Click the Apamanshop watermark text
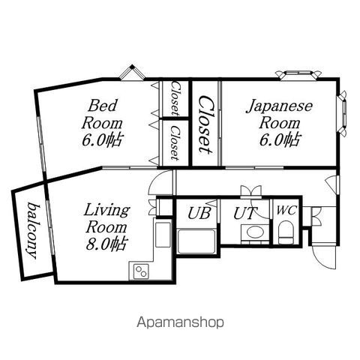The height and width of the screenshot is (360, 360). click(x=180, y=322)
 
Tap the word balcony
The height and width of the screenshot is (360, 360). click(x=34, y=230)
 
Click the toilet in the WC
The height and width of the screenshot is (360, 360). click(x=286, y=232)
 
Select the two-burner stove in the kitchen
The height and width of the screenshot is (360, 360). click(x=141, y=271)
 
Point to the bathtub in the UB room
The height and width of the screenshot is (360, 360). click(x=196, y=241)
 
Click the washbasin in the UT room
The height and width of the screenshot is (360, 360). click(x=255, y=232)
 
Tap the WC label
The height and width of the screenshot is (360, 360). click(x=286, y=210)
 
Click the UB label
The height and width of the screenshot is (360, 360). click(x=199, y=214)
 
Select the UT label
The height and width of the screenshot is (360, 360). click(x=245, y=213)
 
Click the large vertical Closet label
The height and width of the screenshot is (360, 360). click(x=206, y=124)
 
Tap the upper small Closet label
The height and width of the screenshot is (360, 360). click(x=175, y=98)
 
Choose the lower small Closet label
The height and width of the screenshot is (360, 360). click(x=175, y=142)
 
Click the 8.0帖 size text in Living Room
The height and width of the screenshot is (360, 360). click(x=106, y=244)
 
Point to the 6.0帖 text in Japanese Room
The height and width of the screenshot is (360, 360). click(x=280, y=139)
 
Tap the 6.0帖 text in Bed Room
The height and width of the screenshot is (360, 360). click(x=102, y=140)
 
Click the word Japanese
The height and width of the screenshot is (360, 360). click(x=279, y=107)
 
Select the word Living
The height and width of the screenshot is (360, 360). click(x=106, y=211)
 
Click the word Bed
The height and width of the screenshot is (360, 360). click(x=102, y=105)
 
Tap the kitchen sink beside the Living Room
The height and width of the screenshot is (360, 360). click(x=163, y=234)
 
